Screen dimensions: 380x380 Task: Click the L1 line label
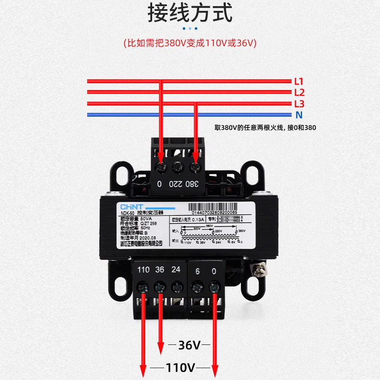(299, 81)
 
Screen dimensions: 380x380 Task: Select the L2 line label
(299, 93)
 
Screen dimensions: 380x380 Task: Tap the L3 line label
(299, 104)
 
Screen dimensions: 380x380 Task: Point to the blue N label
(299, 115)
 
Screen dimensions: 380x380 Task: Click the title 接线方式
(190, 14)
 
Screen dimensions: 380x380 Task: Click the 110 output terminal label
(143, 270)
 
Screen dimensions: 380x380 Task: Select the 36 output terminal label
(160, 270)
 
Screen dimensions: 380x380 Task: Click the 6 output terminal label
(198, 270)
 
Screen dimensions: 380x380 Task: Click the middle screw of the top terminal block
(177, 167)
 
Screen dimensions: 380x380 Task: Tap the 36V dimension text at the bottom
(190, 345)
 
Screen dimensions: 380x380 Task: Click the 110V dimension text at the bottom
(180, 367)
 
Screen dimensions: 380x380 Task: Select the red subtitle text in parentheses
(190, 43)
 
